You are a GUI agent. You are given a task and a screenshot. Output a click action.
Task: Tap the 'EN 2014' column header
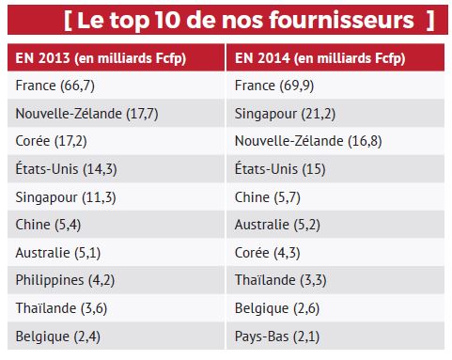coord(319,58)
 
